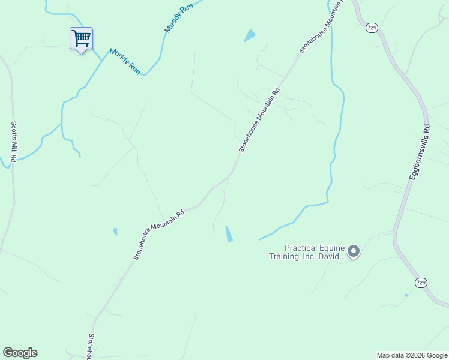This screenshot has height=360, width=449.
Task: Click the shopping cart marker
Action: click(81, 38)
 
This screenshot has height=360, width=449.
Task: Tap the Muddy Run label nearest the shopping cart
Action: click(125, 61)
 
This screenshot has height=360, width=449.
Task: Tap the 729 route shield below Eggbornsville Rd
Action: click(421, 282)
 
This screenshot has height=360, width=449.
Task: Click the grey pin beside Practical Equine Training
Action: click(354, 251)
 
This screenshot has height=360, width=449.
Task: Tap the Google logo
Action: click(20, 353)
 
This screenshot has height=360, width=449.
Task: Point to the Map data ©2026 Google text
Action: click(411, 355)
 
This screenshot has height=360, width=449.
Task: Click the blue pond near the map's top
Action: click(249, 36)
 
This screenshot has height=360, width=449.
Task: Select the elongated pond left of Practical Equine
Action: click(229, 233)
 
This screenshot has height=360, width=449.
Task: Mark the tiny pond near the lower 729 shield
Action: click(406, 295)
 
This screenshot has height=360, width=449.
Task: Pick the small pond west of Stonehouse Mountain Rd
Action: click(115, 232)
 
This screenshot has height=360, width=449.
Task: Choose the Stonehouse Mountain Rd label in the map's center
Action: click(259, 121)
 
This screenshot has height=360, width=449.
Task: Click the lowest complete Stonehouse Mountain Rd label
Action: click(158, 235)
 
